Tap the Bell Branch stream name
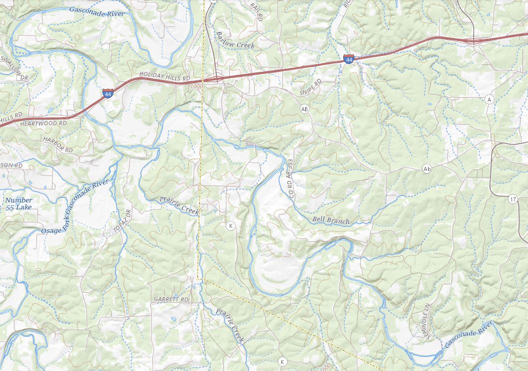[x=330, y=220]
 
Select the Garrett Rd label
[x=171, y=300]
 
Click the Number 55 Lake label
[x=18, y=203]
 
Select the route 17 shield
[x=513, y=200]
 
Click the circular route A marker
[x=489, y=100]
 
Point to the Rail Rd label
[x=256, y=9]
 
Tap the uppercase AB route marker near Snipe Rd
[x=305, y=108]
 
